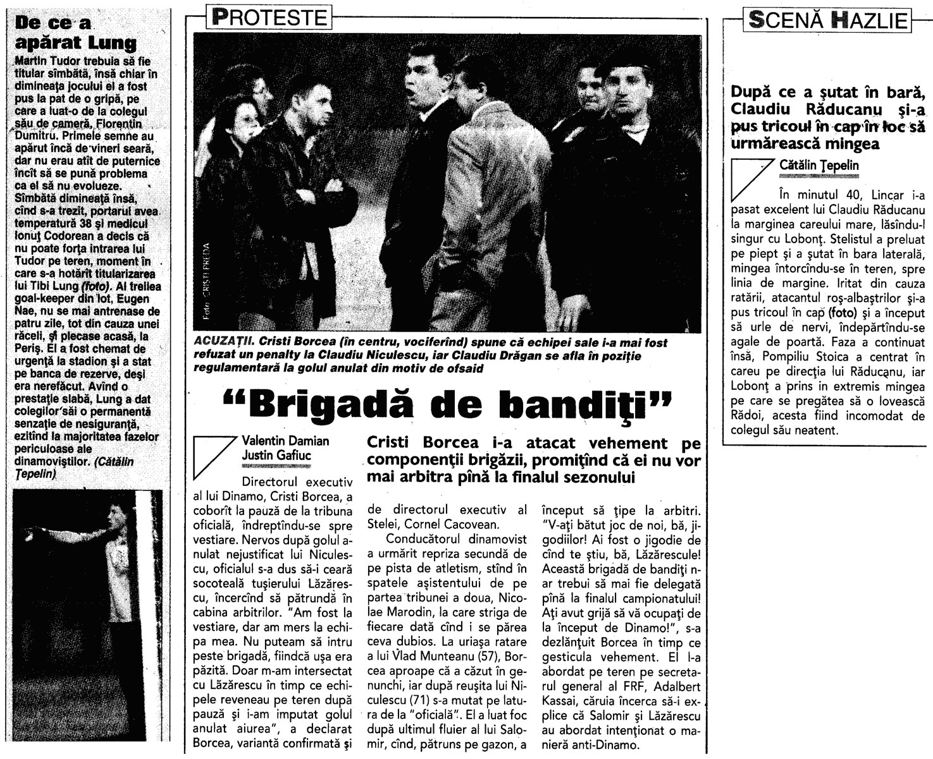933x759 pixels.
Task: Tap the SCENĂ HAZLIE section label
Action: [x=828, y=20]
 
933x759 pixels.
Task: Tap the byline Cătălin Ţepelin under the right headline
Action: [x=819, y=165]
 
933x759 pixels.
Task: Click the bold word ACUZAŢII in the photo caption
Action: [x=225, y=342]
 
